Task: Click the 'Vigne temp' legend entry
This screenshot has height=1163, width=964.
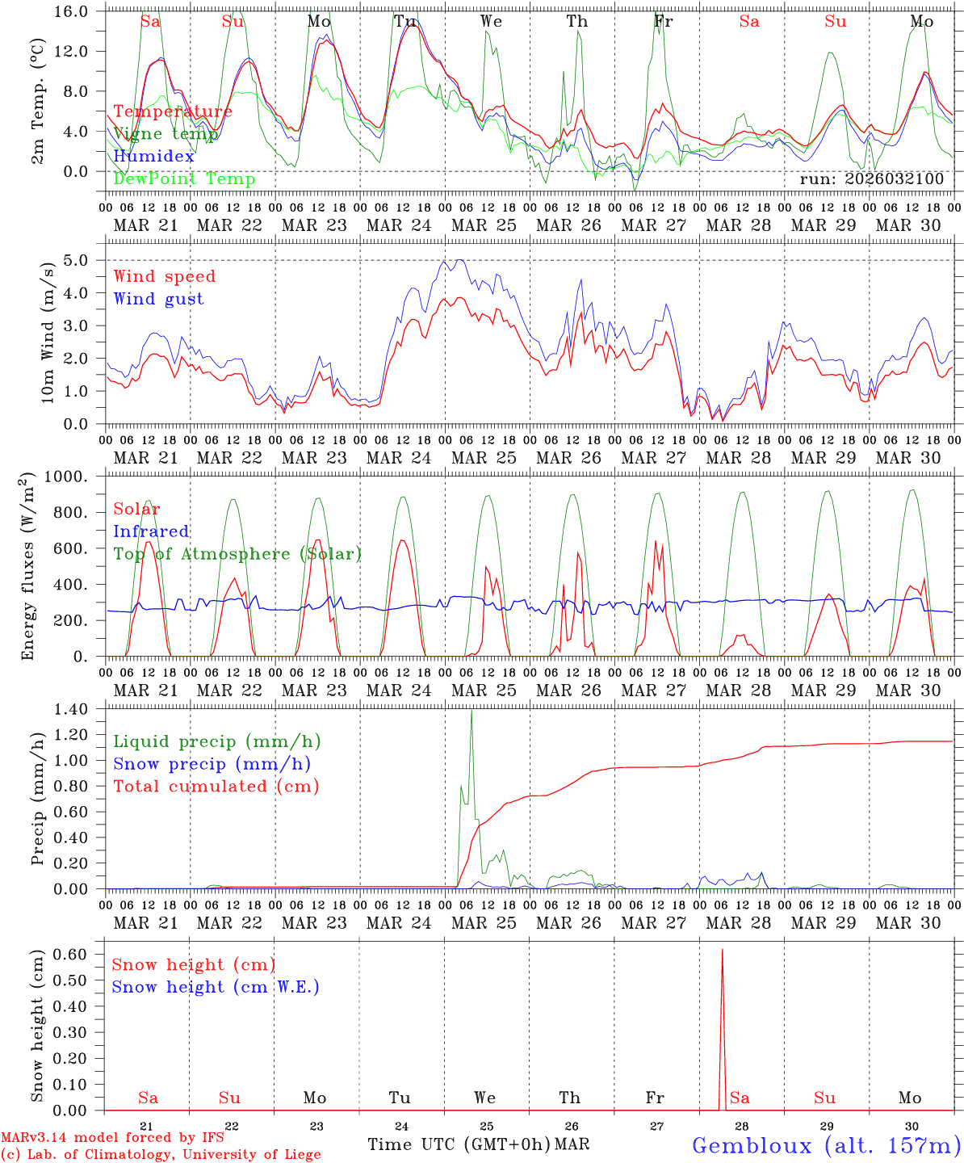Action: (165, 134)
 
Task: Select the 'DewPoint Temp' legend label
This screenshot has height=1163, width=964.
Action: (184, 178)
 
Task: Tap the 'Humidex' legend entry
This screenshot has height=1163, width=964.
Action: (153, 156)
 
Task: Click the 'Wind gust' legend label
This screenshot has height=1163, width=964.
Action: (158, 299)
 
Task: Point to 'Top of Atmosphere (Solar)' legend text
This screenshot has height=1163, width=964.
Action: (237, 554)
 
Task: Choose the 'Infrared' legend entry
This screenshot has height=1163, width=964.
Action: (151, 531)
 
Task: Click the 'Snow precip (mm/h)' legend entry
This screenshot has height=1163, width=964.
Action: (212, 764)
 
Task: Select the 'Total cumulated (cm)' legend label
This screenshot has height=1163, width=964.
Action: (216, 786)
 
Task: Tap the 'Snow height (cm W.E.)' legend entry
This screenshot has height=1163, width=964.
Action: (216, 987)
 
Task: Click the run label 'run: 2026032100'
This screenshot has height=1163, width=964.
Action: (871, 178)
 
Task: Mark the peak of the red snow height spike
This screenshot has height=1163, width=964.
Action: (722, 950)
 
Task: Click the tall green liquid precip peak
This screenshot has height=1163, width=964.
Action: (472, 712)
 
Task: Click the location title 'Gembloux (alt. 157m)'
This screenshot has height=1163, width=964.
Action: (826, 1145)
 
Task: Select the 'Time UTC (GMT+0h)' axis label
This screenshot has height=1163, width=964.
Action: (459, 1144)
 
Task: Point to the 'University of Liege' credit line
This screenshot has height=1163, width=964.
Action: (161, 1154)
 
